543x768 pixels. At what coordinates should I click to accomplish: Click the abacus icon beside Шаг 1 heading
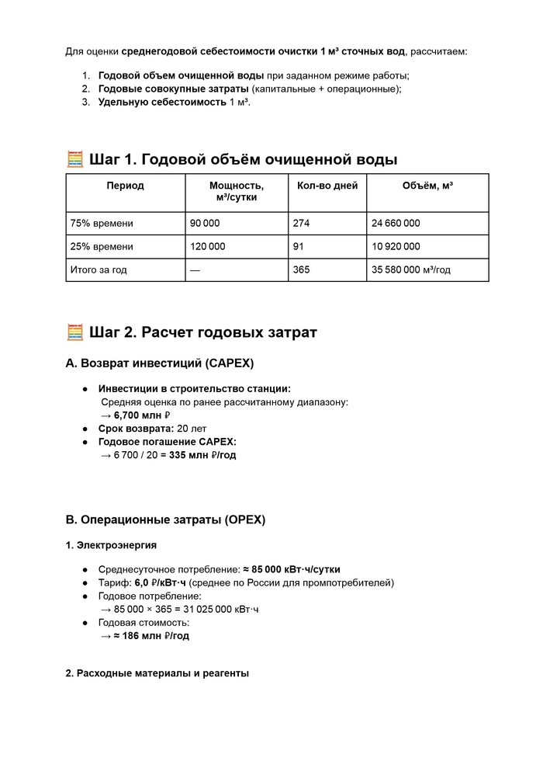75,160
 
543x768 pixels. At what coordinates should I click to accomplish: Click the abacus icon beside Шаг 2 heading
75,332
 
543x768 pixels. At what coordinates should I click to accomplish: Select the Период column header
125,186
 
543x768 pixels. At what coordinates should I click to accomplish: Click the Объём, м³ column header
427,186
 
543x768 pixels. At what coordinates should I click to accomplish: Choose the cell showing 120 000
207,246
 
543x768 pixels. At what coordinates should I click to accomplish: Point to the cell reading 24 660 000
396,223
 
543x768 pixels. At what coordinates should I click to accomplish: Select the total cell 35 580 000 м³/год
411,270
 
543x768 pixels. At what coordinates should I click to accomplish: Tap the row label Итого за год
99,270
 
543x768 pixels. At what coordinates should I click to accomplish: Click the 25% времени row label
102,246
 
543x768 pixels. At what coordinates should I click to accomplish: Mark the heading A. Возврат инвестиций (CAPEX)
160,363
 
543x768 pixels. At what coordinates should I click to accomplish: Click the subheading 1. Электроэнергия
111,545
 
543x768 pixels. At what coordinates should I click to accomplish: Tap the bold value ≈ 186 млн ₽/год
151,635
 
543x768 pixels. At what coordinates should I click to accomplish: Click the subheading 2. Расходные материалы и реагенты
157,673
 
